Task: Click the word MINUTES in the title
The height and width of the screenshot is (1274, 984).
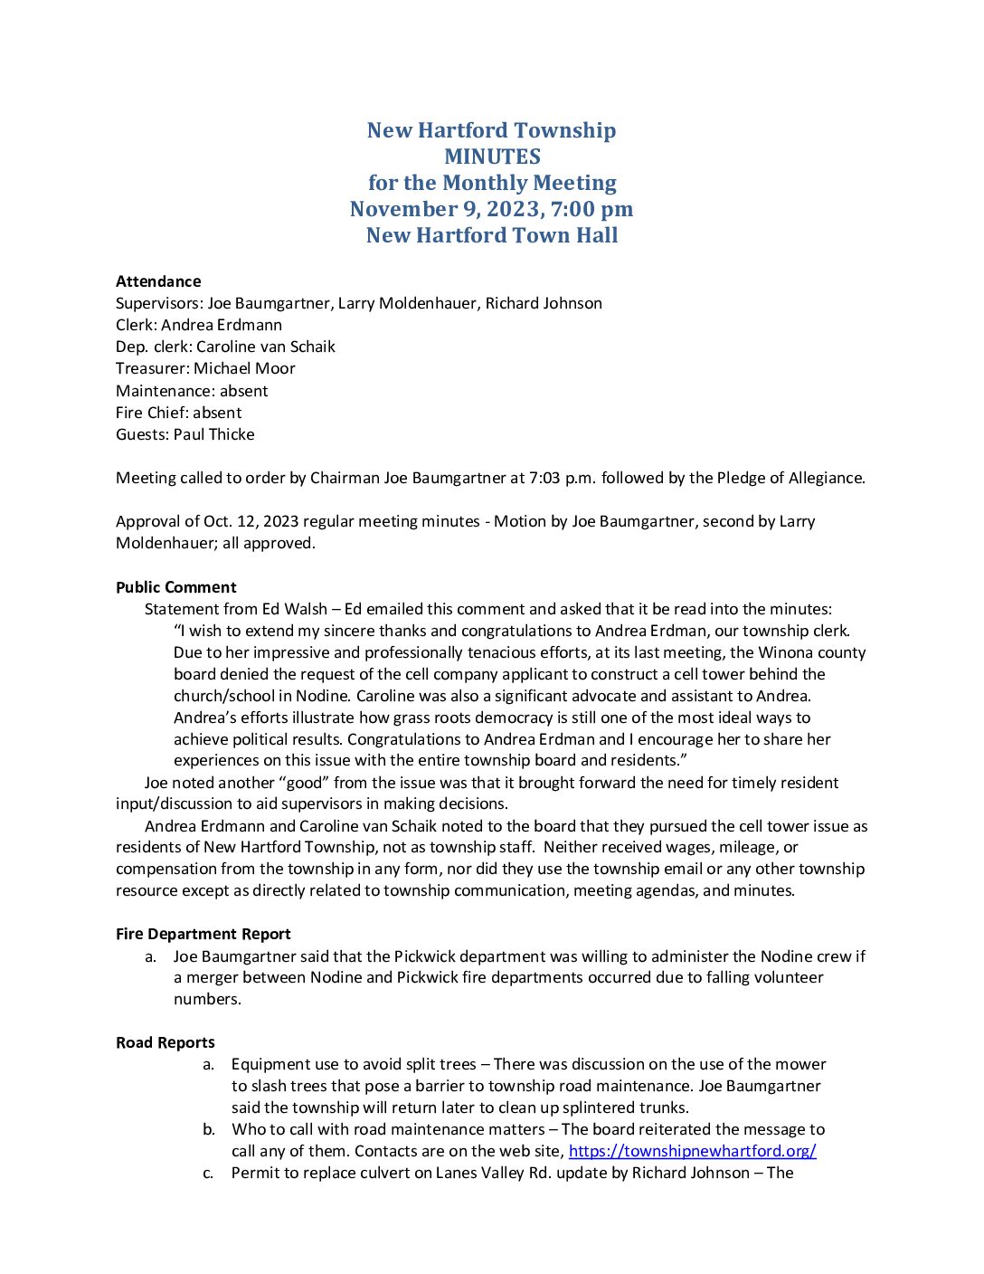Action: pyautogui.click(x=492, y=157)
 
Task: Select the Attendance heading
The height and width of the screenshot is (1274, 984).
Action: pyautogui.click(x=158, y=281)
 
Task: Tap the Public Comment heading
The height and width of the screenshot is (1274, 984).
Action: pyautogui.click(x=176, y=587)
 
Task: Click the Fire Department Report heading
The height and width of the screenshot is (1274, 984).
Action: pyautogui.click(x=203, y=934)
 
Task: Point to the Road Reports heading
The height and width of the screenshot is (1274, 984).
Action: pyautogui.click(x=166, y=1042)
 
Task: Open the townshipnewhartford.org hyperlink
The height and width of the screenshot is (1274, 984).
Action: pyautogui.click(x=692, y=1151)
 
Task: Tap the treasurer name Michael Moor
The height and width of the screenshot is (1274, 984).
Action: pyautogui.click(x=244, y=368)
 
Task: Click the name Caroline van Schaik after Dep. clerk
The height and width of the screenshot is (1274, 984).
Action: pyautogui.click(x=266, y=347)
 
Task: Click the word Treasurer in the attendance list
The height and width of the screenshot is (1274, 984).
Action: pyautogui.click(x=151, y=368)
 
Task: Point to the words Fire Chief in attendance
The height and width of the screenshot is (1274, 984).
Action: pyautogui.click(x=150, y=413)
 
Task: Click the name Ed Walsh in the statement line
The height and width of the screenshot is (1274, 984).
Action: pyautogui.click(x=295, y=609)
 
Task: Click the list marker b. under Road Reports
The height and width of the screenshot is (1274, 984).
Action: pyautogui.click(x=209, y=1129)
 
